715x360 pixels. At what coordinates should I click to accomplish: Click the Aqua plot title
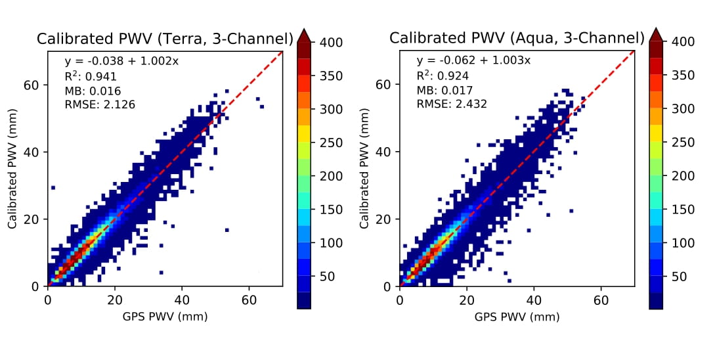pyautogui.click(x=517, y=38)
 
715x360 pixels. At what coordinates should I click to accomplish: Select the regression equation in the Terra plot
pyautogui.click(x=121, y=62)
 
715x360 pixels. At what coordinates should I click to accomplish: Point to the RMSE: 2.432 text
pyautogui.click(x=452, y=104)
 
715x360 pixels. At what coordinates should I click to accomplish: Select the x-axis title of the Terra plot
pyautogui.click(x=165, y=317)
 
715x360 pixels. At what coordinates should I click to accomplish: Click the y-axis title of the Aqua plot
pyautogui.click(x=365, y=169)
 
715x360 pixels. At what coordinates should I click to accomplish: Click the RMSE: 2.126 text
pyautogui.click(x=100, y=104)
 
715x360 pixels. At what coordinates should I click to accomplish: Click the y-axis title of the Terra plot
pyautogui.click(x=13, y=169)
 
